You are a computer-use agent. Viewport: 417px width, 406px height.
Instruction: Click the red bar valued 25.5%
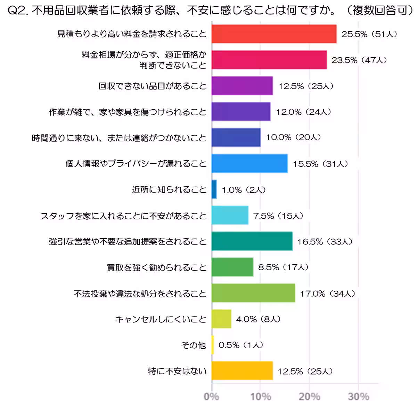274,34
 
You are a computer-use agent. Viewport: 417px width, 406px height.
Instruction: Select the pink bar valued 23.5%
269,60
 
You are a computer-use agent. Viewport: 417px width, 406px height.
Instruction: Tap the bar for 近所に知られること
214,189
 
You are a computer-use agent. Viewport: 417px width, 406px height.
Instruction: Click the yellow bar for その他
213,345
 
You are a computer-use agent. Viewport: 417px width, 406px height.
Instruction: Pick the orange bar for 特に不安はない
242,371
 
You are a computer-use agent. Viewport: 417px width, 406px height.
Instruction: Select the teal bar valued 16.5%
252,241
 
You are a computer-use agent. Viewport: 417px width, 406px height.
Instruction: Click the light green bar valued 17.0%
253,293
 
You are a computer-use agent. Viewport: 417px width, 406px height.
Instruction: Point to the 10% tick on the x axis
261,396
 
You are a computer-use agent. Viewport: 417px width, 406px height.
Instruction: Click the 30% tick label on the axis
358,396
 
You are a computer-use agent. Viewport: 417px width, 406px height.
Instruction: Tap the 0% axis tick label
211,396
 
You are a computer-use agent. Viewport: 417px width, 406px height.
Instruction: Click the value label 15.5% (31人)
320,164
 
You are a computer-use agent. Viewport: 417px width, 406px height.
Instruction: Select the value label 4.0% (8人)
258,319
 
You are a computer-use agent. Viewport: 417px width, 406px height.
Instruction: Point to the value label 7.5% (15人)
278,216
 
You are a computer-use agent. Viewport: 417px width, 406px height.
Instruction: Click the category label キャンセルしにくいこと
161,319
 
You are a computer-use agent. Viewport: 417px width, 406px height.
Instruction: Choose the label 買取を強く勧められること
156,267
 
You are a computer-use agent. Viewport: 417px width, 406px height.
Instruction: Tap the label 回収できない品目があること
152,86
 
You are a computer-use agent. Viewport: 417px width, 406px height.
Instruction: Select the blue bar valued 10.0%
236,138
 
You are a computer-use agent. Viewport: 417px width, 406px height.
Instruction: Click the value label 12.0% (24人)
303,112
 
